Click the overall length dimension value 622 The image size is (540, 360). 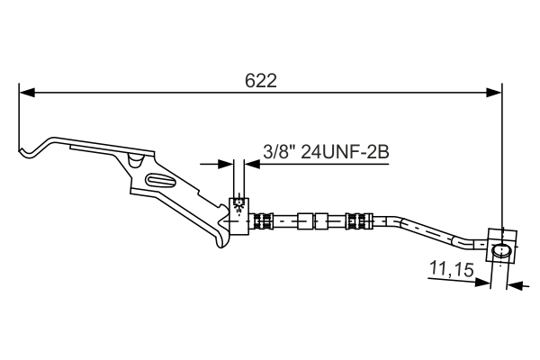point(260,79)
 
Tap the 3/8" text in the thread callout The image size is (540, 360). point(279,152)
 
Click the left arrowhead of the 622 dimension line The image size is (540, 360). point(27,92)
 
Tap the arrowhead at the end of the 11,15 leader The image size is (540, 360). point(486,283)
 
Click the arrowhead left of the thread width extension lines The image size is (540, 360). point(227,164)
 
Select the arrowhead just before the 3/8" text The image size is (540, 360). point(253,164)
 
